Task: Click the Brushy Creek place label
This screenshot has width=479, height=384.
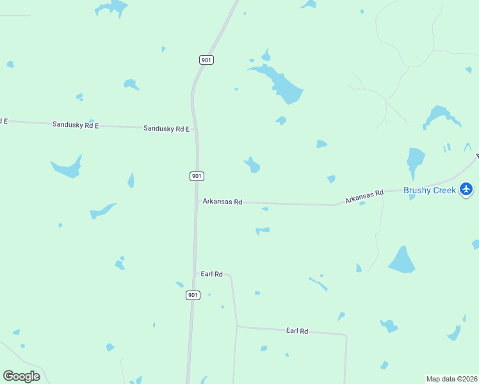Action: point(429,190)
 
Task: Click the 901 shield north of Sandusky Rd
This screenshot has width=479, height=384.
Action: point(206,60)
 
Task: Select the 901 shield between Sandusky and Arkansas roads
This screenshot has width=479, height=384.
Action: point(197,176)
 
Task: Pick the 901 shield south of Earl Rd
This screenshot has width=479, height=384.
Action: point(193,295)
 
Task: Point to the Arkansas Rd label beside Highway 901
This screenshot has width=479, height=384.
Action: point(222,202)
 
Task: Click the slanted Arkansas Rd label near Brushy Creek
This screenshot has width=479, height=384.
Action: point(364,196)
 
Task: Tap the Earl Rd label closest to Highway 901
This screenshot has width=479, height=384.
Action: point(211,274)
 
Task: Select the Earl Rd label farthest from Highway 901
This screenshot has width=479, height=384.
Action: point(297,331)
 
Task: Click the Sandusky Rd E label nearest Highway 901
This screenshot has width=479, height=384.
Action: point(166,129)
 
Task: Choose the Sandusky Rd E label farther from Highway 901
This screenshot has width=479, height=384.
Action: point(76,125)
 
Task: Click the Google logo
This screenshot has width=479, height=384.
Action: point(22,376)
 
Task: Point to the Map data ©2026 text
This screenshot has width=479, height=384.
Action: point(451,379)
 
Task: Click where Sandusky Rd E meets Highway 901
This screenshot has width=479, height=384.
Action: point(196,129)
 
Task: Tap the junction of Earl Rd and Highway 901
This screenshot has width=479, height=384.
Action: point(194,274)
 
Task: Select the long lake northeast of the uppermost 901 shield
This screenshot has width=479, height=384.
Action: point(280,81)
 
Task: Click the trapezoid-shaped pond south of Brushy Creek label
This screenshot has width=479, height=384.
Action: point(402,260)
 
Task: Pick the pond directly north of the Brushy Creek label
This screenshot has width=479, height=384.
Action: point(415,160)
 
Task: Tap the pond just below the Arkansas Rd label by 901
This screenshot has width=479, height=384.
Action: point(264,209)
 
